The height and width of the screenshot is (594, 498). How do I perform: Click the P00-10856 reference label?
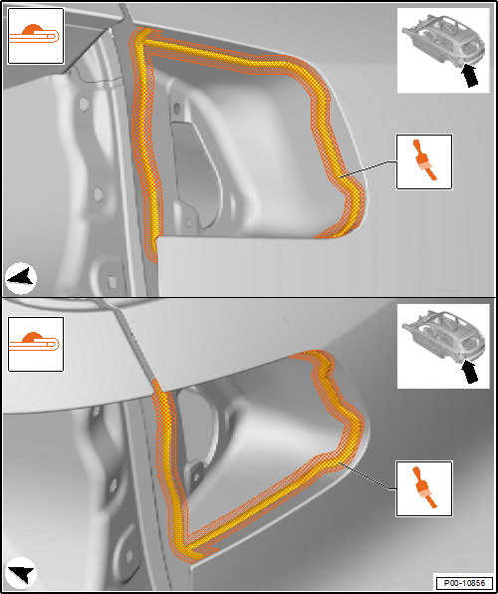point(465,583)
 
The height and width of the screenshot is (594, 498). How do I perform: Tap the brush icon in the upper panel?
point(424,161)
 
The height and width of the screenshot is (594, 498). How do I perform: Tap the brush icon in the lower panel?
point(424,488)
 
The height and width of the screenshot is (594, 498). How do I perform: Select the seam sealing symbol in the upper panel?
point(36,36)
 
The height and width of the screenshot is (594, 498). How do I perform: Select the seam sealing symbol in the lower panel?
point(36,344)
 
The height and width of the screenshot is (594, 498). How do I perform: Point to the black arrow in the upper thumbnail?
point(469,75)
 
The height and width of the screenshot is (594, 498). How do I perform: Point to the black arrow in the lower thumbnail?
point(469,371)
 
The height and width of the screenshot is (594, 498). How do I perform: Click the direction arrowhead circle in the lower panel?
point(21,572)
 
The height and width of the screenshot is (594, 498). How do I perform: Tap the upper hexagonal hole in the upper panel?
point(84,105)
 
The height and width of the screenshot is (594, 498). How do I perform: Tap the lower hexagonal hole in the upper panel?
point(99,194)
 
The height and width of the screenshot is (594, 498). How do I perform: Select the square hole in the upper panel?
point(112,281)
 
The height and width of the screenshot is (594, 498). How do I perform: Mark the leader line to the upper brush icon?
point(369,168)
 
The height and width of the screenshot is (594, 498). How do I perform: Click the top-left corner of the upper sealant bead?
point(138,35)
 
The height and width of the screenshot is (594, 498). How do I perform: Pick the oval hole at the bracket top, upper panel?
point(176,109)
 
